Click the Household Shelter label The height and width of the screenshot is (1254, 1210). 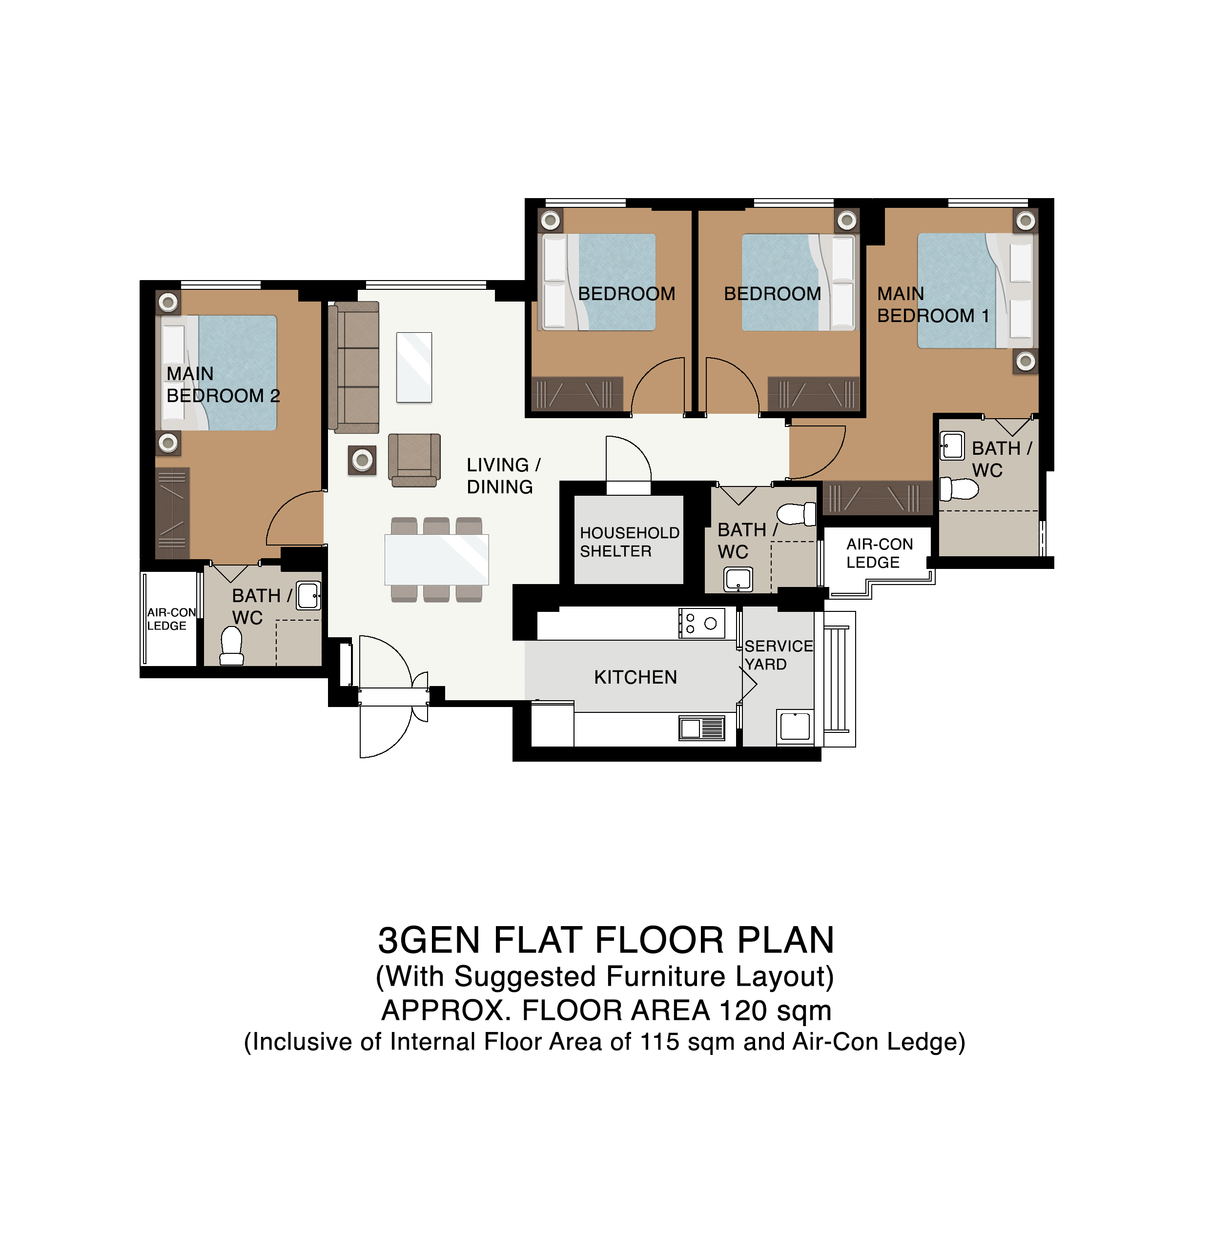[630, 542]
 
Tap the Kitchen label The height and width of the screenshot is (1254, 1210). [636, 677]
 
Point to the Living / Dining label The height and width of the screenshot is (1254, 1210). [504, 476]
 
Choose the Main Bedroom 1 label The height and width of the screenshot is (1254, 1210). [933, 304]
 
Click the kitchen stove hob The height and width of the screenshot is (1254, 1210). [702, 623]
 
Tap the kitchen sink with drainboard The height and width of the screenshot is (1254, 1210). [702, 728]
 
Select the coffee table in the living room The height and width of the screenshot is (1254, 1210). [414, 367]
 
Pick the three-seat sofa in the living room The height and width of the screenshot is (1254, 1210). [353, 367]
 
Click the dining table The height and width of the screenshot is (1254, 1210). [436, 560]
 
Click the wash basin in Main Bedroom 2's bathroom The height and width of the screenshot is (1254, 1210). [308, 596]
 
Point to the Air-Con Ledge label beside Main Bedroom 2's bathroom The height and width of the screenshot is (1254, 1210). [171, 619]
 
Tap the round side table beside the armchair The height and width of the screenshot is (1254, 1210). [362, 460]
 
